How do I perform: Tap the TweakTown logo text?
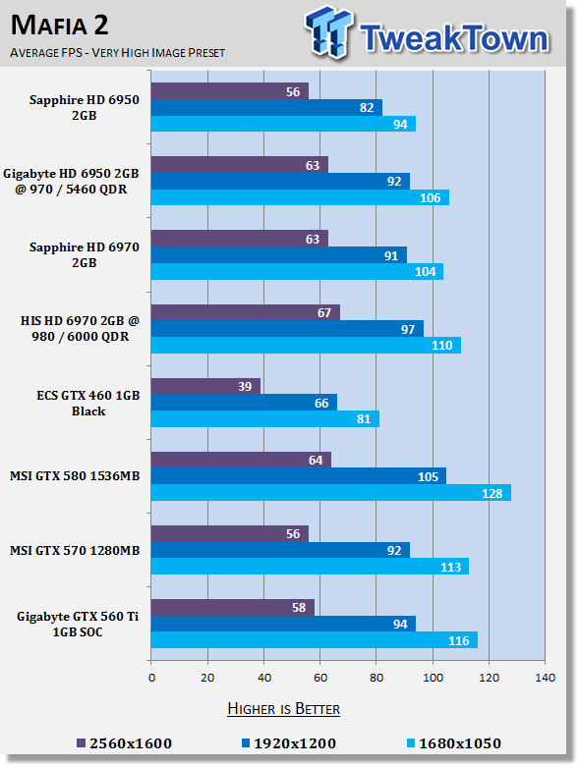[452, 38]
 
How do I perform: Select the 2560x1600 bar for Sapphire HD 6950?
[229, 91]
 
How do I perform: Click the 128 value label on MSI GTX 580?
[492, 493]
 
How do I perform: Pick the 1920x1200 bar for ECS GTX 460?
[243, 403]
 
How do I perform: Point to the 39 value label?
[246, 386]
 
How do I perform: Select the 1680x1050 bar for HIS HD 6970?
[305, 346]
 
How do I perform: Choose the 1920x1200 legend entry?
[284, 743]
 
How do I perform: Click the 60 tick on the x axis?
[319, 678]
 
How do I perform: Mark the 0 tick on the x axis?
[151, 678]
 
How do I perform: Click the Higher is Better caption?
[283, 707]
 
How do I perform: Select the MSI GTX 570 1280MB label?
[75, 551]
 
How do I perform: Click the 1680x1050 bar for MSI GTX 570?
[309, 567]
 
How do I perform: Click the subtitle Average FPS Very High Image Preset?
[117, 52]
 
